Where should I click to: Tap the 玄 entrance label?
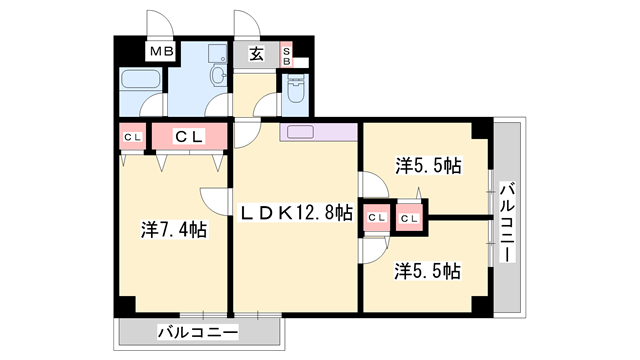click(x=256, y=54)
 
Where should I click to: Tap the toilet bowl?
click(x=295, y=94)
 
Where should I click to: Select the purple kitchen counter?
click(x=318, y=131)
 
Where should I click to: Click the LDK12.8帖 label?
click(x=295, y=212)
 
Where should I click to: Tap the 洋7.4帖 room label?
click(x=173, y=229)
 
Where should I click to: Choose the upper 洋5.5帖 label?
click(x=427, y=166)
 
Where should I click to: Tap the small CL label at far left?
click(x=131, y=137)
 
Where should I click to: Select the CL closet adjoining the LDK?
click(x=376, y=216)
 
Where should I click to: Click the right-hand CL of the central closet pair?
click(x=410, y=216)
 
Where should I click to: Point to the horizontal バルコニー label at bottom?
click(x=197, y=332)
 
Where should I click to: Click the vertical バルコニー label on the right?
click(x=508, y=222)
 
